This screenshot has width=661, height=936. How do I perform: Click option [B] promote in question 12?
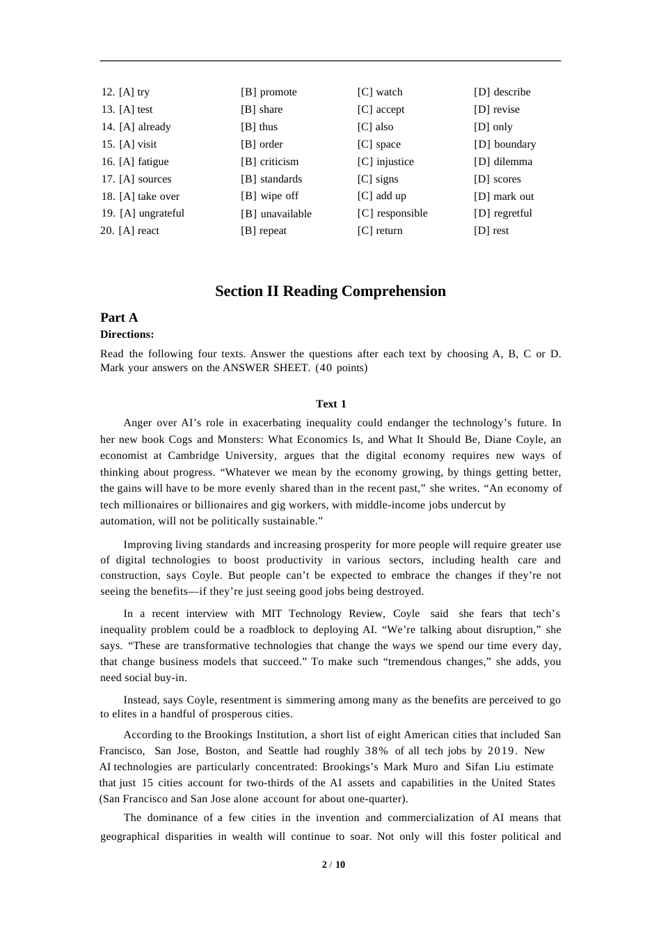click(269, 92)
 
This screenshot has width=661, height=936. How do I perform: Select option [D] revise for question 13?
click(497, 109)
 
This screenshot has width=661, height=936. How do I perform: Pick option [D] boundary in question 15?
click(505, 144)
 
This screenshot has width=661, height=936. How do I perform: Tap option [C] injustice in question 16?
click(385, 162)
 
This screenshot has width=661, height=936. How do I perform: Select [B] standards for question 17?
click(271, 179)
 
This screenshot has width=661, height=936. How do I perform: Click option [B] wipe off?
click(270, 196)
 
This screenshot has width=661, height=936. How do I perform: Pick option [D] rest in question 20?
click(491, 231)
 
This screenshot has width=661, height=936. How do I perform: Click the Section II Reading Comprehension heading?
click(330, 291)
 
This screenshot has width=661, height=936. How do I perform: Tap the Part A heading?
click(119, 318)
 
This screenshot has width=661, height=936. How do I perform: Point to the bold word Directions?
click(127, 334)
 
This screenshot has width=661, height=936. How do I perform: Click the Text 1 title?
click(331, 404)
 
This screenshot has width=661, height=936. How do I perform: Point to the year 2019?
click(502, 751)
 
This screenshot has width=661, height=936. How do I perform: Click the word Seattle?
click(285, 751)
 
